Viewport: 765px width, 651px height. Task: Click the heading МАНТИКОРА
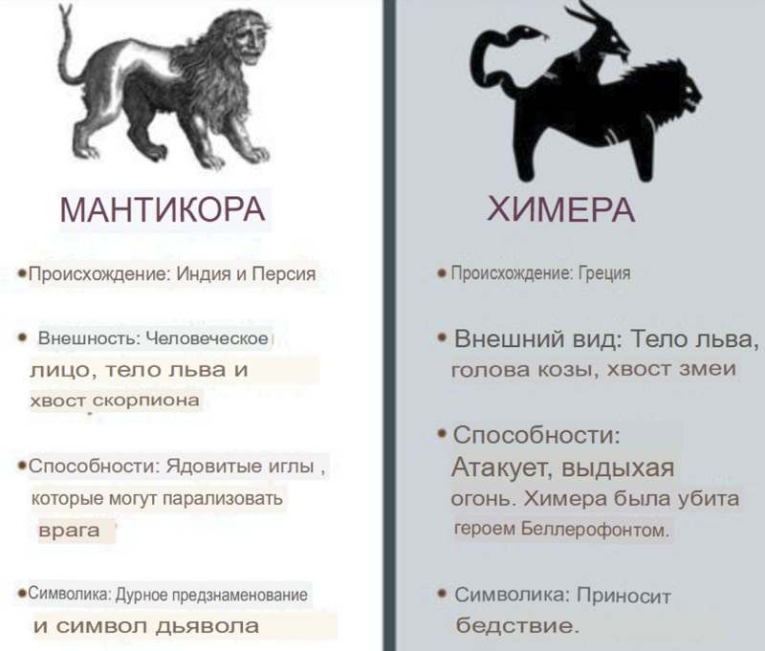tap(163, 209)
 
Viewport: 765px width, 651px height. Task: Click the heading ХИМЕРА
tap(561, 209)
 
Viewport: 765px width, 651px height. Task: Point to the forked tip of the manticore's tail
tap(65, 12)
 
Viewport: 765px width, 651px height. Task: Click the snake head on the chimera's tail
tap(530, 33)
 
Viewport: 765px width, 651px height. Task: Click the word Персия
tap(283, 274)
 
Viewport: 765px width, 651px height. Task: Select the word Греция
tap(604, 273)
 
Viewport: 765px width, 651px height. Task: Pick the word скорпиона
tap(146, 401)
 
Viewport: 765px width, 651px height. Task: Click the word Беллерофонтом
tap(595, 530)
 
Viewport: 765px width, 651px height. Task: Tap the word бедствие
tap(517, 625)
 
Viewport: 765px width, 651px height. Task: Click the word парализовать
tap(223, 499)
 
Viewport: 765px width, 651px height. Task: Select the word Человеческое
tap(207, 338)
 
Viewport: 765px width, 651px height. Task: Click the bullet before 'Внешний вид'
tap(442, 336)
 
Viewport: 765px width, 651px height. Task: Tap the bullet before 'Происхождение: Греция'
tap(442, 273)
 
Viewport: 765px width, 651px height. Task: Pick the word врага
tap(69, 530)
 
